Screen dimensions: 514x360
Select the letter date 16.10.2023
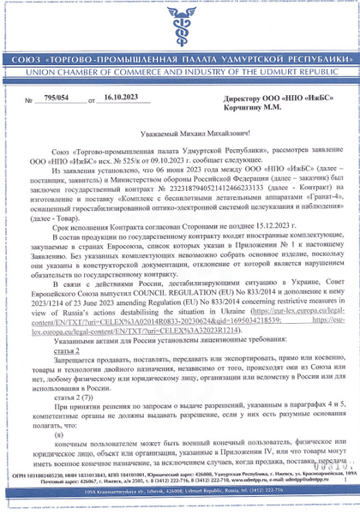tap(119, 100)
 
